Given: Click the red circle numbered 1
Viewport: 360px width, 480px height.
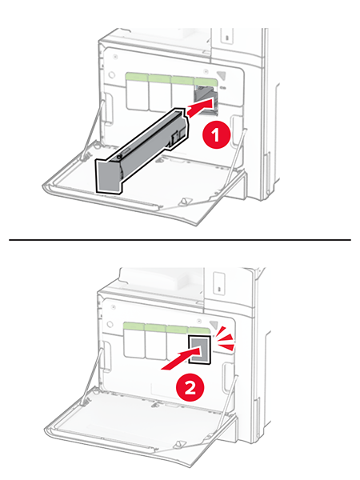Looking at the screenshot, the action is (x=216, y=135).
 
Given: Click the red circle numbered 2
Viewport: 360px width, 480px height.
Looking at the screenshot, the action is (x=190, y=388).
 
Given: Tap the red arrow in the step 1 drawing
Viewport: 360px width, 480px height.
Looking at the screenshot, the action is (x=200, y=107).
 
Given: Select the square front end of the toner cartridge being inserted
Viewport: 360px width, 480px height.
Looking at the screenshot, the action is (x=110, y=176).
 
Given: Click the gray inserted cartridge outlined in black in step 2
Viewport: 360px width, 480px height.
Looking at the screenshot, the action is (x=199, y=350).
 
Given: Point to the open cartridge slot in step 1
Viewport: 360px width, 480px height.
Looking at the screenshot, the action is (x=206, y=100).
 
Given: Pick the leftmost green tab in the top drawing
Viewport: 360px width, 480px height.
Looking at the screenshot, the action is (x=137, y=77).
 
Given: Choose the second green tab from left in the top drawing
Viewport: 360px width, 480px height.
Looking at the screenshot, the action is (x=159, y=78).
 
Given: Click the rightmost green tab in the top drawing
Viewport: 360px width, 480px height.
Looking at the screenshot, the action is (x=206, y=81).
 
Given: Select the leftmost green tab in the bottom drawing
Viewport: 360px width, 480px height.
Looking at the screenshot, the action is (x=134, y=326).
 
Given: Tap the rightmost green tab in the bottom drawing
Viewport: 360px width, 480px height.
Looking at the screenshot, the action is (x=198, y=330).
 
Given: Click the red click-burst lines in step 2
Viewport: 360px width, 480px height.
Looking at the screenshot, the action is (x=226, y=339).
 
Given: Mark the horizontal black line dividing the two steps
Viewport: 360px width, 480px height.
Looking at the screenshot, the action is (x=180, y=240).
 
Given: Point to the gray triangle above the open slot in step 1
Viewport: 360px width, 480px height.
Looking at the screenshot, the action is (x=222, y=76).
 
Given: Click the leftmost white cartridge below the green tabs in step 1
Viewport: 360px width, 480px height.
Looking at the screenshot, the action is (x=137, y=96).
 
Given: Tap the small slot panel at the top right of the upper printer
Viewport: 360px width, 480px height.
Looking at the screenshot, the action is (x=227, y=36).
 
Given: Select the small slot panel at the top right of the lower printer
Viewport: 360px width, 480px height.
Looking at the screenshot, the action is (x=219, y=284).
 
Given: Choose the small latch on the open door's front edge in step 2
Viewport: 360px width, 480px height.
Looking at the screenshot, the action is (x=179, y=444).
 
